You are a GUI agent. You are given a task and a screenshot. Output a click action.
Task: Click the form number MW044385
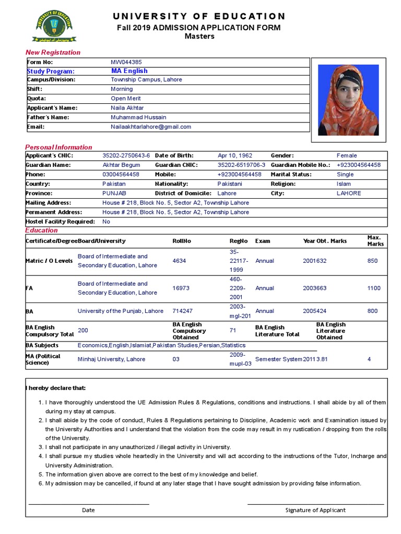(126, 62)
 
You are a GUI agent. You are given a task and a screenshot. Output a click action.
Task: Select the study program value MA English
(129, 71)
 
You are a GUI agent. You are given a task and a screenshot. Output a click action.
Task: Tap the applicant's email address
(151, 127)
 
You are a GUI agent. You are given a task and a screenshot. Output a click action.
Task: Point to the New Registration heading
(53, 52)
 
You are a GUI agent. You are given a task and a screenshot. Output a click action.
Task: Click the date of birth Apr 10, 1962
(234, 155)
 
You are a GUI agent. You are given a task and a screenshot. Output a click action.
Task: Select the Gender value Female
(347, 155)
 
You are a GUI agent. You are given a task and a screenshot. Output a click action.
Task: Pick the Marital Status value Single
(345, 174)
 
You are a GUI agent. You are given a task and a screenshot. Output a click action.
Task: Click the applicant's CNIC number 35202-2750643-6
(126, 155)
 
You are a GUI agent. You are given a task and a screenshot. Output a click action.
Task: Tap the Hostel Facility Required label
(61, 222)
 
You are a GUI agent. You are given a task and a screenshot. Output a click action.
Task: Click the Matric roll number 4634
(179, 261)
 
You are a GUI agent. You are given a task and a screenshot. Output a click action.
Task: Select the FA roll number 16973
(181, 288)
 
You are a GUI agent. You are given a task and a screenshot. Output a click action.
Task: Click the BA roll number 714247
(182, 311)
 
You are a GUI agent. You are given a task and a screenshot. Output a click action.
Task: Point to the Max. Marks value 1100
(374, 288)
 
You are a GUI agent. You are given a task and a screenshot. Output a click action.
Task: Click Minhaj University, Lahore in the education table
(111, 359)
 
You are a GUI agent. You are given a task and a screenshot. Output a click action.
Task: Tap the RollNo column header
(182, 241)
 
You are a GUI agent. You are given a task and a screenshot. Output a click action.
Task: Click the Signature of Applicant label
(315, 510)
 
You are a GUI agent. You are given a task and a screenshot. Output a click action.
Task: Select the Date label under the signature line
(88, 510)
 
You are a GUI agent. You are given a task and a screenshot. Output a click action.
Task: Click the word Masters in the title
(199, 37)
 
